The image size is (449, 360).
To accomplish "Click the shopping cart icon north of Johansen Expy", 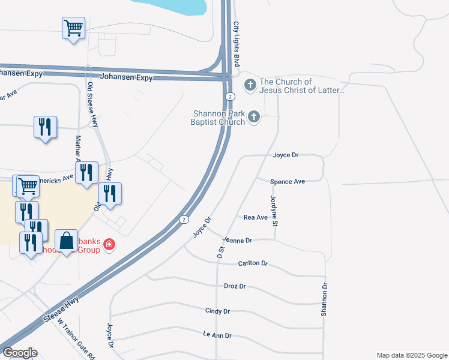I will (73, 28).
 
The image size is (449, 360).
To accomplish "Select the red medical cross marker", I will (109, 244).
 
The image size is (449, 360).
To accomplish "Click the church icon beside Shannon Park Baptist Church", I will (254, 116).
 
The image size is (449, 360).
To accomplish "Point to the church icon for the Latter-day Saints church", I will (250, 86).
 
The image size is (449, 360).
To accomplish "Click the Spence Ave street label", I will (288, 181).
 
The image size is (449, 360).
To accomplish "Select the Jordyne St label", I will (274, 211).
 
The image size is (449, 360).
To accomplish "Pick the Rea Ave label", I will (255, 217).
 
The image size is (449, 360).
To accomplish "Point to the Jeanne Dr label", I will (237, 240).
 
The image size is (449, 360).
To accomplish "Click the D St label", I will (220, 253).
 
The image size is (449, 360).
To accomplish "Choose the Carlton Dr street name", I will (252, 263).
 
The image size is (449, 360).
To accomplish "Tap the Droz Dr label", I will (235, 287).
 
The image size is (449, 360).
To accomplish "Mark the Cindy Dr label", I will (217, 311).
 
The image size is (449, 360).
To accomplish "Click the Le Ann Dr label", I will (217, 335).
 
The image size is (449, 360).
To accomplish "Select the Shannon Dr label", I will (324, 300).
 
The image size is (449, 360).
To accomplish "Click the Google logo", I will (20, 353).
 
